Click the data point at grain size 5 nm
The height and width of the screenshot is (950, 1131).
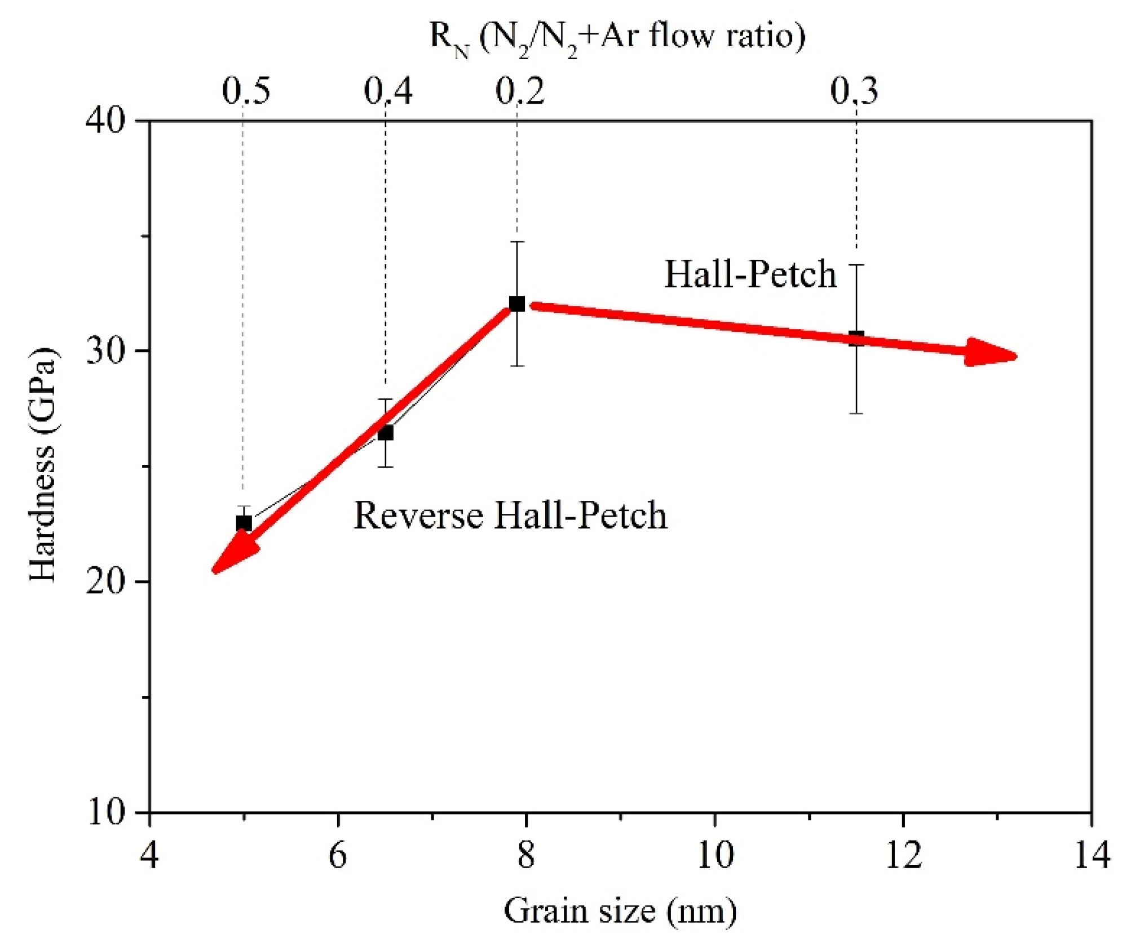(244, 523)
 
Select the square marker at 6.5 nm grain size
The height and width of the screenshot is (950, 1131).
(385, 433)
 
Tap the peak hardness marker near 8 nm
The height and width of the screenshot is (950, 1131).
(516, 304)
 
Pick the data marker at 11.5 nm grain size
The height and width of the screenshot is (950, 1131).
(856, 339)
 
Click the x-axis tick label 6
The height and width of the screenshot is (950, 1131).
(337, 855)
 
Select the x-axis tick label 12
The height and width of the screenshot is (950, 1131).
(903, 855)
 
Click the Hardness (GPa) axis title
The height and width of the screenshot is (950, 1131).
(43, 465)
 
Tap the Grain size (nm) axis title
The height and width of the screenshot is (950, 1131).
(620, 911)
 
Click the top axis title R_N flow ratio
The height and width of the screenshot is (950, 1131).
(618, 37)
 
